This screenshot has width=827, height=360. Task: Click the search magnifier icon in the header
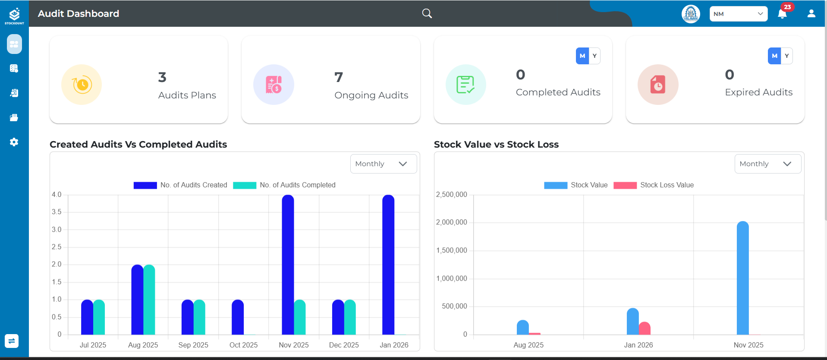coord(427,13)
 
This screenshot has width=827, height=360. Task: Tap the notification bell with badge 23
coord(782,14)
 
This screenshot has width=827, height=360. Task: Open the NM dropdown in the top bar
coord(738,14)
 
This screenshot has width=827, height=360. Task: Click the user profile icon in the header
coord(811,14)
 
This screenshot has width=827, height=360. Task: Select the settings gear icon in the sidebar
coord(14,142)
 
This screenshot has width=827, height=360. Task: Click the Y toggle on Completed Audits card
coord(594,56)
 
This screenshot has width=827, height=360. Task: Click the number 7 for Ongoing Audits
coord(339,77)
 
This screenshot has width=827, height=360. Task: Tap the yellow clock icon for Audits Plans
coord(82,85)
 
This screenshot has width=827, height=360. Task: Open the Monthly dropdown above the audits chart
coord(383,164)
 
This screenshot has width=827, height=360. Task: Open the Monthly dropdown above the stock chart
coord(767,164)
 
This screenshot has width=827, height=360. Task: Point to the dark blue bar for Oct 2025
coord(238,317)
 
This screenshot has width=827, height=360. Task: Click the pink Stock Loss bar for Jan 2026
coord(645,328)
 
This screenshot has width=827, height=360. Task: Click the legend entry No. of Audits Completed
coord(284,185)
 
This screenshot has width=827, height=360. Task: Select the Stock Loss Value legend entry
coord(654,185)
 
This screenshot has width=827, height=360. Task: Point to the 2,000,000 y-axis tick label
coord(452,222)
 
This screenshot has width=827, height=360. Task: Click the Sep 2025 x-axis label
coord(193,345)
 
